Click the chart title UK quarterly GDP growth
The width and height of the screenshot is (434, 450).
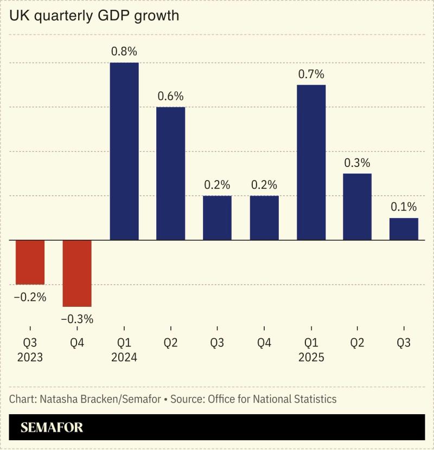[x=94, y=16]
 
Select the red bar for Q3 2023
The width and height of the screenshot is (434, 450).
[x=30, y=262]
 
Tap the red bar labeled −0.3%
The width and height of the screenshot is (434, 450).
[x=77, y=273]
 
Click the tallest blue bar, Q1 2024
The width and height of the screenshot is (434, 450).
[x=124, y=151]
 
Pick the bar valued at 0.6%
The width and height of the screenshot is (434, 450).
[x=171, y=173]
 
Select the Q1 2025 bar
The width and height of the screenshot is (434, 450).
[x=311, y=163]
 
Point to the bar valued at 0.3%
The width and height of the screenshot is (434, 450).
[x=358, y=207]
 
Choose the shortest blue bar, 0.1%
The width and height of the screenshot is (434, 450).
[x=404, y=229]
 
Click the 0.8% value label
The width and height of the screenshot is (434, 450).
[x=124, y=52]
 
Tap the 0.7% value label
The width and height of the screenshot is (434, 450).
[x=311, y=74]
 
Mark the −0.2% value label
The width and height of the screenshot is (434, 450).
[x=30, y=297]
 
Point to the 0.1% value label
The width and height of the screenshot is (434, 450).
[x=404, y=207]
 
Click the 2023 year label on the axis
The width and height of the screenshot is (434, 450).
[x=30, y=358]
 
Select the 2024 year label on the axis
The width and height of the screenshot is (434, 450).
[x=124, y=358]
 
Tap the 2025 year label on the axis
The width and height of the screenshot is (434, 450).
[x=311, y=358]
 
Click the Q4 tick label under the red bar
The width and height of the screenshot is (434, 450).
[x=77, y=343]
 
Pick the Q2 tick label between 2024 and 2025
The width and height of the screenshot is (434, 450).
[x=171, y=343]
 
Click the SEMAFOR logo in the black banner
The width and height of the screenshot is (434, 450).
[x=52, y=427]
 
